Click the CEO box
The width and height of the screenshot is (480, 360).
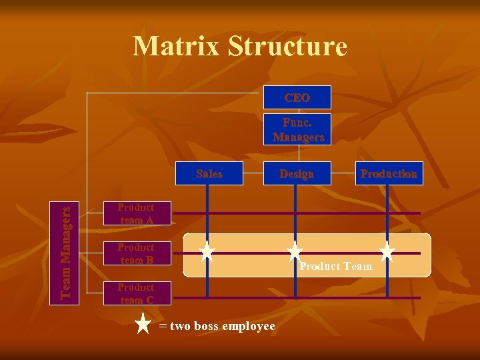tap(297, 98)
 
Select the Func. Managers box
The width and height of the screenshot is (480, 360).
tap(297, 129)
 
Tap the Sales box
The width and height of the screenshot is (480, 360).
tap(209, 173)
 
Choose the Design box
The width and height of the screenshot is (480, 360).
tap(297, 173)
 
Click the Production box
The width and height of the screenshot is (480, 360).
tap(389, 173)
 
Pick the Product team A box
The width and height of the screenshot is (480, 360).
tap(136, 213)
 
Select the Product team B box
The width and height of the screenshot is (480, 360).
tap(136, 253)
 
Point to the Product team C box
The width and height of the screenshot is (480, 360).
tap(136, 293)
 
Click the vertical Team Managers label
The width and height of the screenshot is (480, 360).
tap(65, 252)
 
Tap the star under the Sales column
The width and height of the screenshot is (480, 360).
tap(207, 251)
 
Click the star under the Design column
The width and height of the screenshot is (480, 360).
tap(295, 251)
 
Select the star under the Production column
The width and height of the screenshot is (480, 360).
tap(387, 251)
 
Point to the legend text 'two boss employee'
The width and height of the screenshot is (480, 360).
tap(222, 326)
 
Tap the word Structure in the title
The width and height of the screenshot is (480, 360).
tap(287, 47)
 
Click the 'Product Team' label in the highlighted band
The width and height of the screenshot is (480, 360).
tap(335, 267)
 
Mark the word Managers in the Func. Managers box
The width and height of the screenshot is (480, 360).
tap(298, 137)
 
